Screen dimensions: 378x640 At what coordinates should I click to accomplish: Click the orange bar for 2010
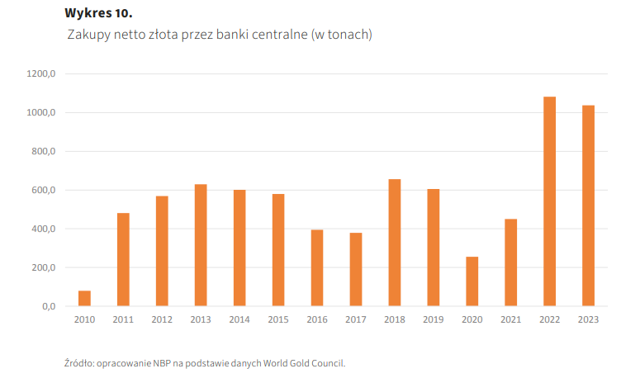point(84,298)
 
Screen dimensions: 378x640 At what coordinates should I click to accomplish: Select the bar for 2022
point(549,201)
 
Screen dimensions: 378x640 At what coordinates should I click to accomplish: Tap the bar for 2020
point(472,281)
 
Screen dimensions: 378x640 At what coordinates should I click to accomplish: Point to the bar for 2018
point(395,243)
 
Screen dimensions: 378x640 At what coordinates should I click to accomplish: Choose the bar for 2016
point(317,267)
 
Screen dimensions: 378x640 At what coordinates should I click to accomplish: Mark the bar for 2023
point(588,206)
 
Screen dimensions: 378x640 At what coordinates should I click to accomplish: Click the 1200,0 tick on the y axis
point(41,74)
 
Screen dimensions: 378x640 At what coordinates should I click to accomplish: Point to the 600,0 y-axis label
point(43,191)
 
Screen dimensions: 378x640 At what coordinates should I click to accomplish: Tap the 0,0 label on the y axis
point(48,307)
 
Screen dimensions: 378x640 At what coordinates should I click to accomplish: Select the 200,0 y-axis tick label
point(43,268)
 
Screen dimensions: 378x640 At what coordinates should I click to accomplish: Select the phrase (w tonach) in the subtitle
point(342,35)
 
